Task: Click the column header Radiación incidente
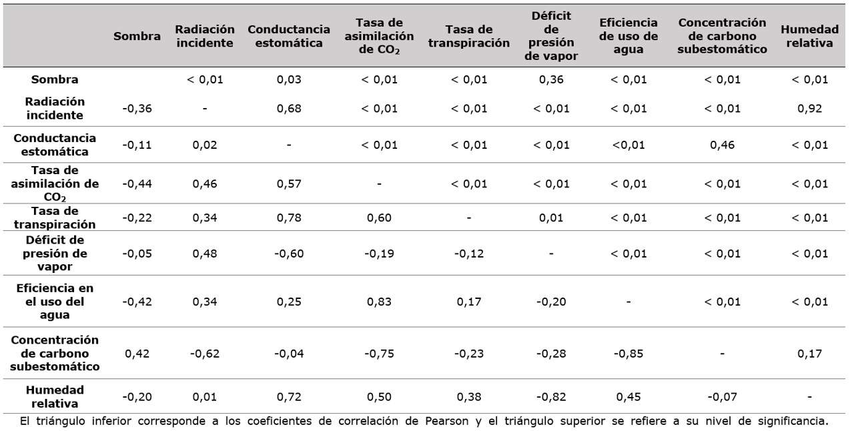pos(205,37)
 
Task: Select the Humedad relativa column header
pos(809,37)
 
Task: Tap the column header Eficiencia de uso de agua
pos(628,37)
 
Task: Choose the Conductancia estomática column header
pos(289,37)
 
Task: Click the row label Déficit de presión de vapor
pos(55,254)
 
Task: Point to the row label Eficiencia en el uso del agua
pos(55,302)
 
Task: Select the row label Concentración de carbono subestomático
pos(55,354)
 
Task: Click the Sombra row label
pos(55,80)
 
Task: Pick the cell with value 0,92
pos(809,108)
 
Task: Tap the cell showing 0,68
pos(289,108)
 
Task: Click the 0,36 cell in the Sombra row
pos(551,80)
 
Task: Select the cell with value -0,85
pos(628,354)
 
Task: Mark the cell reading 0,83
pos(379,302)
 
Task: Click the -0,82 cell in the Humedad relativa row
pos(551,397)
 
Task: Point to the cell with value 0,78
pos(289,218)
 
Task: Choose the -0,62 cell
pos(205,354)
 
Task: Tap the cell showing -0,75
pos(379,354)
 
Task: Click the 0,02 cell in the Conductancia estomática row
pos(205,145)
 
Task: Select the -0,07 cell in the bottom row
pos(722,397)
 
